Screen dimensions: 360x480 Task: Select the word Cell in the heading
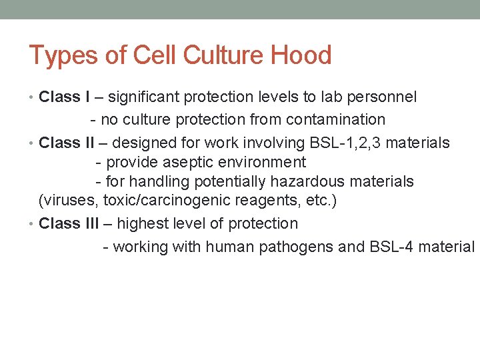147,55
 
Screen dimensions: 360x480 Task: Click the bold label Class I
65,97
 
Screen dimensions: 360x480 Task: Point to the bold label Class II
67,143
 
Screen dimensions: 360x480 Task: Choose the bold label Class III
69,223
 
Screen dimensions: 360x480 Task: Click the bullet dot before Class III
33,224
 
